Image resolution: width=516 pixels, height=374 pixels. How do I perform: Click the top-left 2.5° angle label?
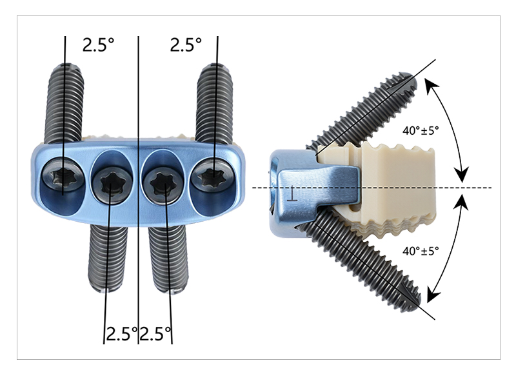pyautogui.click(x=98, y=44)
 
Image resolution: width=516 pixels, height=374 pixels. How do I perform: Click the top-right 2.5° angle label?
pyautogui.click(x=186, y=44)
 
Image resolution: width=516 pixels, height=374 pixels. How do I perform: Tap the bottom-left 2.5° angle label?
pyautogui.click(x=121, y=333)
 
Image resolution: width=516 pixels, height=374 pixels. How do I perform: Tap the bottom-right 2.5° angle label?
pyautogui.click(x=155, y=333)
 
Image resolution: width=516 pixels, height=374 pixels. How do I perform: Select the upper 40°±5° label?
pyautogui.click(x=421, y=131)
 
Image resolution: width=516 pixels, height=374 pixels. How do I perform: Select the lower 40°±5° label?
pyautogui.click(x=421, y=251)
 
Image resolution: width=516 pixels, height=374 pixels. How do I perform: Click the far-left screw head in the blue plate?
pyautogui.click(x=63, y=175)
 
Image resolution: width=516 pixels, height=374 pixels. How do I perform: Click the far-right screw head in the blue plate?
pyautogui.click(x=213, y=174)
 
